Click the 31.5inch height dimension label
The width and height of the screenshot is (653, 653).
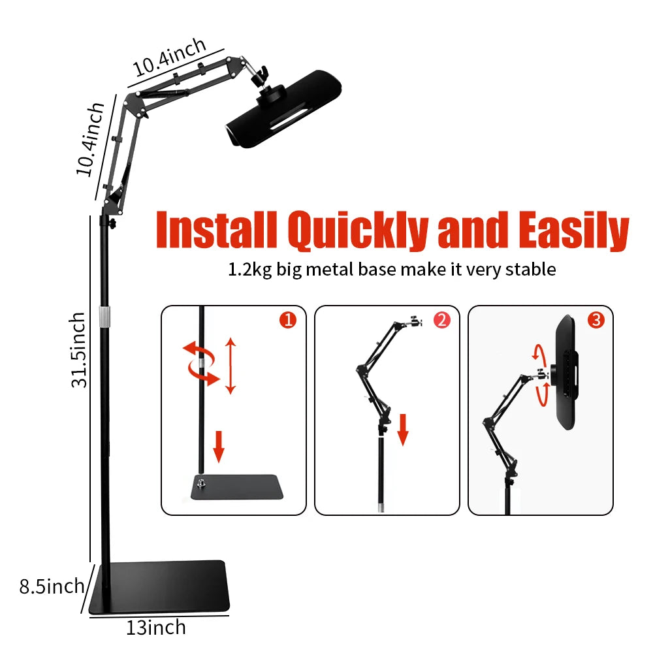pyautogui.click(x=79, y=349)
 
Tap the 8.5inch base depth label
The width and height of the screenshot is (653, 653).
pyautogui.click(x=52, y=586)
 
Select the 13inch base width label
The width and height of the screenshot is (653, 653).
pyautogui.click(x=155, y=628)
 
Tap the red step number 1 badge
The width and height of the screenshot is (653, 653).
pyautogui.click(x=287, y=320)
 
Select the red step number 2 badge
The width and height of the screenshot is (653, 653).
pyautogui.click(x=441, y=320)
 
